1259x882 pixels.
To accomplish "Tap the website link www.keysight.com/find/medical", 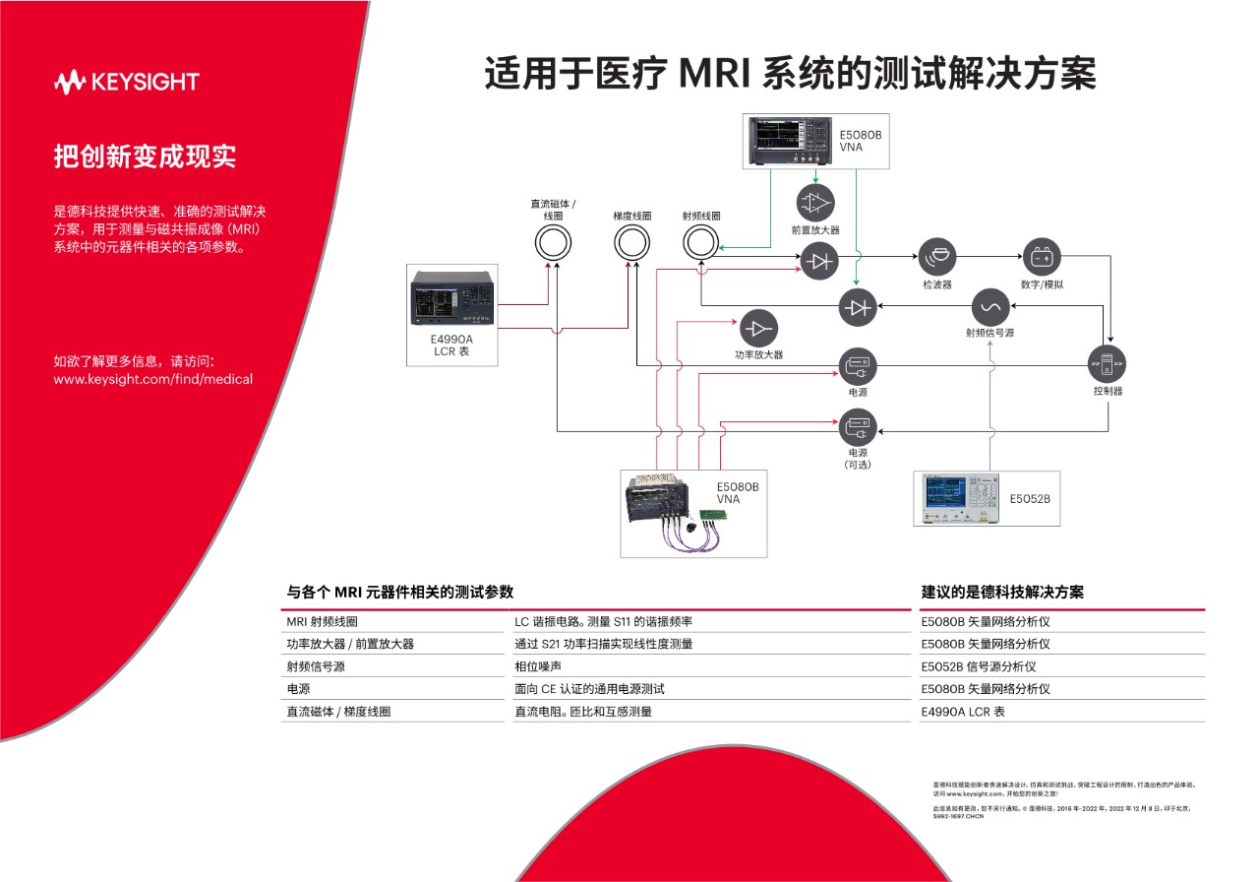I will (152, 379).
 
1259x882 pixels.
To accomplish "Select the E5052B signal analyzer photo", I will (957, 499).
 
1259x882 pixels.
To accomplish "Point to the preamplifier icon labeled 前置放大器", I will (814, 203).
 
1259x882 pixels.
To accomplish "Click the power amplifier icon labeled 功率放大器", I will (758, 329).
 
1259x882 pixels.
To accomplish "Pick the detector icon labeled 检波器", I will (936, 258).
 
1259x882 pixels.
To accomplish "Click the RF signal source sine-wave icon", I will (989, 307).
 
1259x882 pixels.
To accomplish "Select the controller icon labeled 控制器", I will (1107, 364).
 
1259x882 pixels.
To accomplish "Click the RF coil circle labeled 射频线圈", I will (701, 242).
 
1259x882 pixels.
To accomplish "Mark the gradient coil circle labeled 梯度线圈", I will (632, 242).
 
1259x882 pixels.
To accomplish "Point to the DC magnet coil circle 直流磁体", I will (554, 242).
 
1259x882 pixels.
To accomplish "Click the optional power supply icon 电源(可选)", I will (857, 430).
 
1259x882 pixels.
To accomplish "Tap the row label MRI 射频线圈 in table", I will (322, 622).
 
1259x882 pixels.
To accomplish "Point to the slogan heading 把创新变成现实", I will (145, 157).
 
